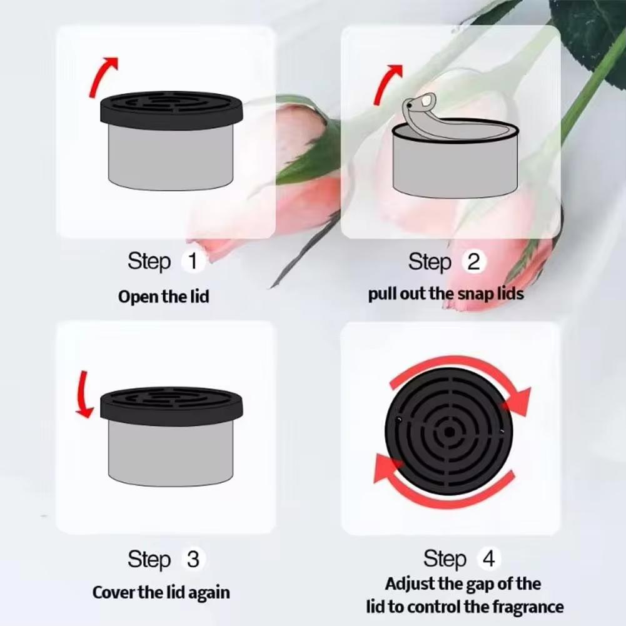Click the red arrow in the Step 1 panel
click(x=101, y=76)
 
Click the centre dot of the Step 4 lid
click(x=449, y=432)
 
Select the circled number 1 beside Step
click(x=193, y=261)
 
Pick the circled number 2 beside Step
click(x=473, y=262)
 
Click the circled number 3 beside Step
click(x=193, y=558)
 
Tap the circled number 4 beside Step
click(x=488, y=558)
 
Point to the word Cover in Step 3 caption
click(x=112, y=592)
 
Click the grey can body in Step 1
click(x=171, y=156)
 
